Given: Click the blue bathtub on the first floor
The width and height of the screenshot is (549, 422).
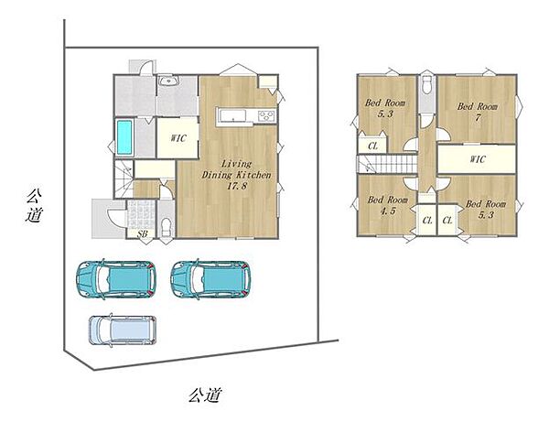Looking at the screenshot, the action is click(124, 137).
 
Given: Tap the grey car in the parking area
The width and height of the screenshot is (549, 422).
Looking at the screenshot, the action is click(123, 330).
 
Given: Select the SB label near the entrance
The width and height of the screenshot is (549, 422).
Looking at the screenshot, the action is click(142, 234).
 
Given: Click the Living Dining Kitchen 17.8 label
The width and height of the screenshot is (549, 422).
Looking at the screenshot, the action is click(237, 175).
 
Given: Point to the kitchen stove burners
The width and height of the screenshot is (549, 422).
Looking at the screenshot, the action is click(267, 115).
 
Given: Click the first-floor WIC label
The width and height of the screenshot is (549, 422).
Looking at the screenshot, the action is click(178, 138).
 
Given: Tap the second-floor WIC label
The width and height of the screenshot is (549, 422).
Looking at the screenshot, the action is click(478, 159).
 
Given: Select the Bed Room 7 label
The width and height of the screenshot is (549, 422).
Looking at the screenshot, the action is click(478, 112).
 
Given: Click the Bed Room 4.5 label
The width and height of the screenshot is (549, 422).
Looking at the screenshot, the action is click(388, 206).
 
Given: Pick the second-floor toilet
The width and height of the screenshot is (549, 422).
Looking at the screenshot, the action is click(426, 84).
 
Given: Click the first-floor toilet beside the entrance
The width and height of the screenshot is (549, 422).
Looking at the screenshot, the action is click(166, 227).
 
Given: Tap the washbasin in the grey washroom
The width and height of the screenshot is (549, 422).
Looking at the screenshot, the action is click(168, 81).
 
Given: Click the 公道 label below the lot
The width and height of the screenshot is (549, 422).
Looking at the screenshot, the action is click(205, 395).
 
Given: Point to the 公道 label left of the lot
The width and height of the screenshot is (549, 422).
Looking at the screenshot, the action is click(34, 206).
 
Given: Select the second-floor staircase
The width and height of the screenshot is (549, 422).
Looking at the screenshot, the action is click(387, 164).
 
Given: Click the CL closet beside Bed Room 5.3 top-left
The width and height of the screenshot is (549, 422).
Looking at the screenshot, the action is click(372, 146).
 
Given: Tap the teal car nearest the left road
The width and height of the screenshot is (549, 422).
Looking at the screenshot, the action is click(116, 279).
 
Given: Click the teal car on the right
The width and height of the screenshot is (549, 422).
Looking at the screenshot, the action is click(210, 279).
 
